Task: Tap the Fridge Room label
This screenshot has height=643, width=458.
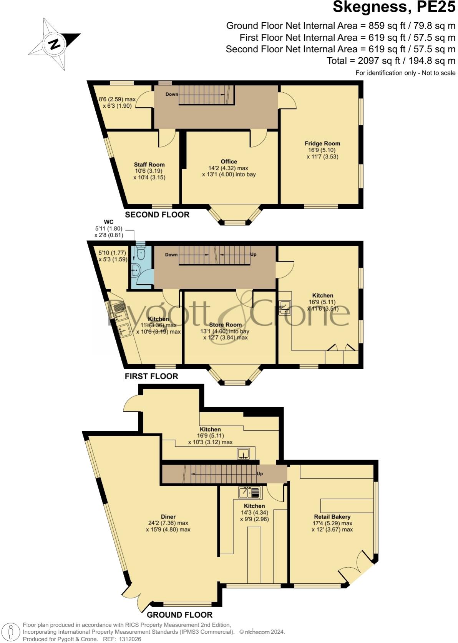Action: (322, 143)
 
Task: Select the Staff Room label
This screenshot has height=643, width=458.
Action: (149, 165)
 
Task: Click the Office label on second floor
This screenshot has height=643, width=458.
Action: (229, 162)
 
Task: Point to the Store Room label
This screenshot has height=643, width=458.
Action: (225, 325)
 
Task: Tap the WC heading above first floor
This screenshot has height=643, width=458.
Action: (109, 222)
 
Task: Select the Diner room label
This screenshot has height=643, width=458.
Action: (168, 516)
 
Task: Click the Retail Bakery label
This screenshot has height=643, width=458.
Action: (332, 516)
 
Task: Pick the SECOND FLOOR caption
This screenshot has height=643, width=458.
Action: (157, 215)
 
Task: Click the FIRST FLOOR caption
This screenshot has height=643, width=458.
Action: (151, 376)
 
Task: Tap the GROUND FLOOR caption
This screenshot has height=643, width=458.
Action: (179, 615)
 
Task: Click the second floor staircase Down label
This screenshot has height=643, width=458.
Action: (171, 94)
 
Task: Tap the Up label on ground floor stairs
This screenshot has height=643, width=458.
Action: (260, 474)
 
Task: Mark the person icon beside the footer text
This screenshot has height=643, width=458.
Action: (11, 632)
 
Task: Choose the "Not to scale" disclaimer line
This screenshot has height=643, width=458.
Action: (405, 73)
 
